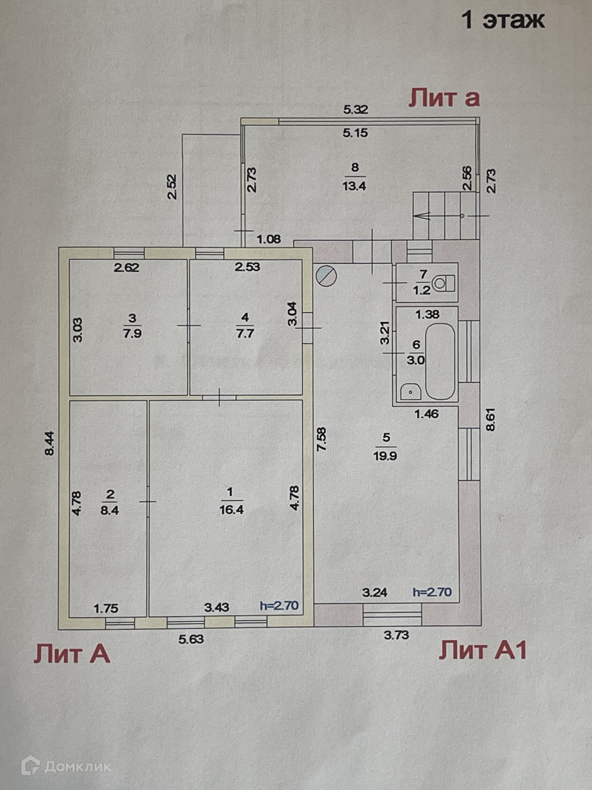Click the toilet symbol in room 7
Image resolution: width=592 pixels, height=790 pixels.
[x=443, y=284]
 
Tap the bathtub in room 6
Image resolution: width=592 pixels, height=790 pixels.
[x=440, y=362]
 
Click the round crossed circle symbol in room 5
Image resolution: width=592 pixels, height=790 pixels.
[x=326, y=275]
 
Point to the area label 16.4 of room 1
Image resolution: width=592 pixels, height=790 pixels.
[x=231, y=510]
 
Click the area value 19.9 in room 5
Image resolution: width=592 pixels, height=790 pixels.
[x=385, y=455]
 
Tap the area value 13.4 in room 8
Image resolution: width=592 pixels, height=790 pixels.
[x=354, y=185]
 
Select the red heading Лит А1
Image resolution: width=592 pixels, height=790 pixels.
[x=482, y=651]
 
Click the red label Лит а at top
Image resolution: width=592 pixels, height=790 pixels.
[x=444, y=98]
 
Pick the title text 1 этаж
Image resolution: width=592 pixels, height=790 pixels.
[x=503, y=20]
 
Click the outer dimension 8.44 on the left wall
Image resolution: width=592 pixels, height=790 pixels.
[x=50, y=443]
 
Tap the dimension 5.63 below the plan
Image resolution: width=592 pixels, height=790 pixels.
[x=191, y=639]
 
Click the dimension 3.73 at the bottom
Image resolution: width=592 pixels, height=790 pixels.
[x=396, y=635]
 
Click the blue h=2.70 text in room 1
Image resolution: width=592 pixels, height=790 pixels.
[x=279, y=606]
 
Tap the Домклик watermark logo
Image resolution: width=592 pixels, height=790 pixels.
[x=66, y=766]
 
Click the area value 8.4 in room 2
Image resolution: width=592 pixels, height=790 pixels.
[x=110, y=510]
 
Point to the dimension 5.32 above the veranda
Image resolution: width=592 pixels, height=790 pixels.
[x=355, y=109]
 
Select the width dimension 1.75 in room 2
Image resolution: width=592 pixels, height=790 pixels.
[x=106, y=608]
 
